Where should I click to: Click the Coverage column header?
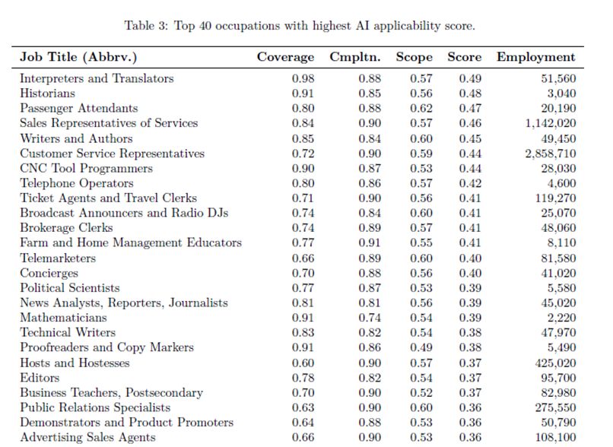click(x=285, y=57)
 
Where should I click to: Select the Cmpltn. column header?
click(x=355, y=58)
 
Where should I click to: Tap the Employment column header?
click(x=536, y=58)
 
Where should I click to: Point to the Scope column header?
click(x=414, y=58)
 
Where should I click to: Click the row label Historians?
click(x=47, y=94)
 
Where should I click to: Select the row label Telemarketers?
click(x=58, y=258)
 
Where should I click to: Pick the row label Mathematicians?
click(x=63, y=318)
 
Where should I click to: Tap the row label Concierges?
click(x=49, y=274)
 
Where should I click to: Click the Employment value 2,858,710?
click(x=551, y=154)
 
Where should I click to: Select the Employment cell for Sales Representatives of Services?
click(x=551, y=123)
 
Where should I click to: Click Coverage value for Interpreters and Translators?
click(x=303, y=78)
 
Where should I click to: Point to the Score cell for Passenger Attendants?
click(x=470, y=108)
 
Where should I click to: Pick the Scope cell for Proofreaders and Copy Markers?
click(x=421, y=347)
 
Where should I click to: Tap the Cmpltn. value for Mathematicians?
click(x=370, y=318)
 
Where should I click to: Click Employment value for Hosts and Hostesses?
click(x=555, y=363)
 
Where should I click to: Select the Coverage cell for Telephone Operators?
click(x=303, y=183)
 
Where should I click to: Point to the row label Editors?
click(x=40, y=378)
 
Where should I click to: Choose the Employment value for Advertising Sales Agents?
click(x=555, y=437)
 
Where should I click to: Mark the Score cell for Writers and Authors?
click(x=470, y=138)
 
